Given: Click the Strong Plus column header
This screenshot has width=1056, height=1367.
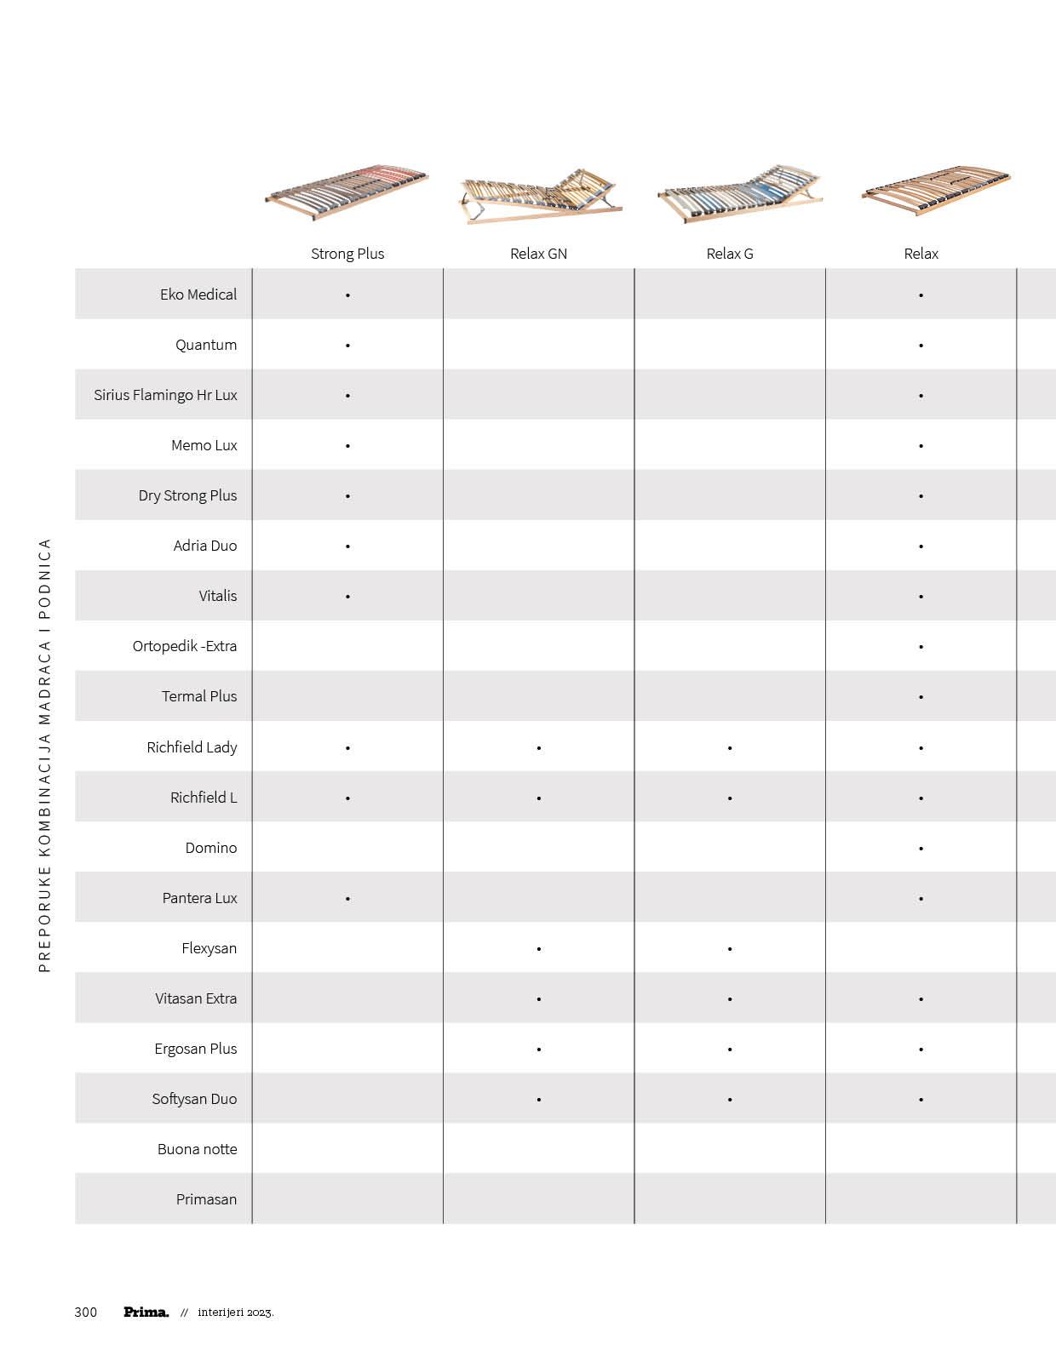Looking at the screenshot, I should (347, 254).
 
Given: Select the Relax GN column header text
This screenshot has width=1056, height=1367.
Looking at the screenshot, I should (538, 254).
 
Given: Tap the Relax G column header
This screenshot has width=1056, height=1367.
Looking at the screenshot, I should (730, 254).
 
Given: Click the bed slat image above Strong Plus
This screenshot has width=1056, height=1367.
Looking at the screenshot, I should (347, 193).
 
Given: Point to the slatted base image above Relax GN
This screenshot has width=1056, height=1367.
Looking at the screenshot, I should (539, 197).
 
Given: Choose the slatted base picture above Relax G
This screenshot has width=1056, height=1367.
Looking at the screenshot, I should (739, 195).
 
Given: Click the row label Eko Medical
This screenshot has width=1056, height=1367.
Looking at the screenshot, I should (198, 295).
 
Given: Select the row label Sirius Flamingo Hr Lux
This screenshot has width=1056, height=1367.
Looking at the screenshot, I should (165, 395).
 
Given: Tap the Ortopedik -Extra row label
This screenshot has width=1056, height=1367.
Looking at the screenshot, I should (185, 646).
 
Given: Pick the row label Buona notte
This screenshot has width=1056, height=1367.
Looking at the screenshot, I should (197, 1149).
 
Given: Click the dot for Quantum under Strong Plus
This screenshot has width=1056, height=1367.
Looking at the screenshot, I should (347, 346).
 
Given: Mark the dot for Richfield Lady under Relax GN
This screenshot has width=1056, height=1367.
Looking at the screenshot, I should (539, 748).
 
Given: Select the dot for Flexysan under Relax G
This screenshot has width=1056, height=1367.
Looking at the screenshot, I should (730, 949).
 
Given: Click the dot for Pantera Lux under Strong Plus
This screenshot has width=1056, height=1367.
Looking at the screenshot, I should (347, 899).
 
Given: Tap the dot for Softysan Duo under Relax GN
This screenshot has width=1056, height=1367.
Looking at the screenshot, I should (539, 1100).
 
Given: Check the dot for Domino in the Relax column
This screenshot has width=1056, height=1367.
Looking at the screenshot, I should (921, 849).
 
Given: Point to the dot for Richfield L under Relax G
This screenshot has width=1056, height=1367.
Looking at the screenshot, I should (730, 798).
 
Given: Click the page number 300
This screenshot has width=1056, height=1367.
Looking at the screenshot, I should (86, 1313).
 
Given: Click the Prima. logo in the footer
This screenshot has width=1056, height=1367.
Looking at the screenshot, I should (146, 1313).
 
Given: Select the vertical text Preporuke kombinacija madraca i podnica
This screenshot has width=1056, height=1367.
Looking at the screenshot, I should (45, 755).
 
